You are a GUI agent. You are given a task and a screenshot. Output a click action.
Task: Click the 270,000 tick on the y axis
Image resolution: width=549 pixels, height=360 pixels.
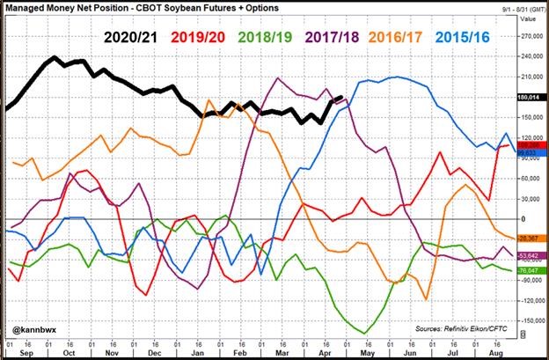tap(528, 36)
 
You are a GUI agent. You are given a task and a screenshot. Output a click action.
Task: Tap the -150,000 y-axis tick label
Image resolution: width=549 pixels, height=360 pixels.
tap(528, 320)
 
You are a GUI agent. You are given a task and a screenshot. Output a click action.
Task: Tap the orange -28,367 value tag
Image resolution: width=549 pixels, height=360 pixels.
tap(528, 238)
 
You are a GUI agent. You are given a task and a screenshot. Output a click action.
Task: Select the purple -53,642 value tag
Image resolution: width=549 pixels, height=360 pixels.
tap(528, 255)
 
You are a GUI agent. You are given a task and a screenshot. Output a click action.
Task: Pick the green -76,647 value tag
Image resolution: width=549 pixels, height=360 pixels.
tap(528, 270)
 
